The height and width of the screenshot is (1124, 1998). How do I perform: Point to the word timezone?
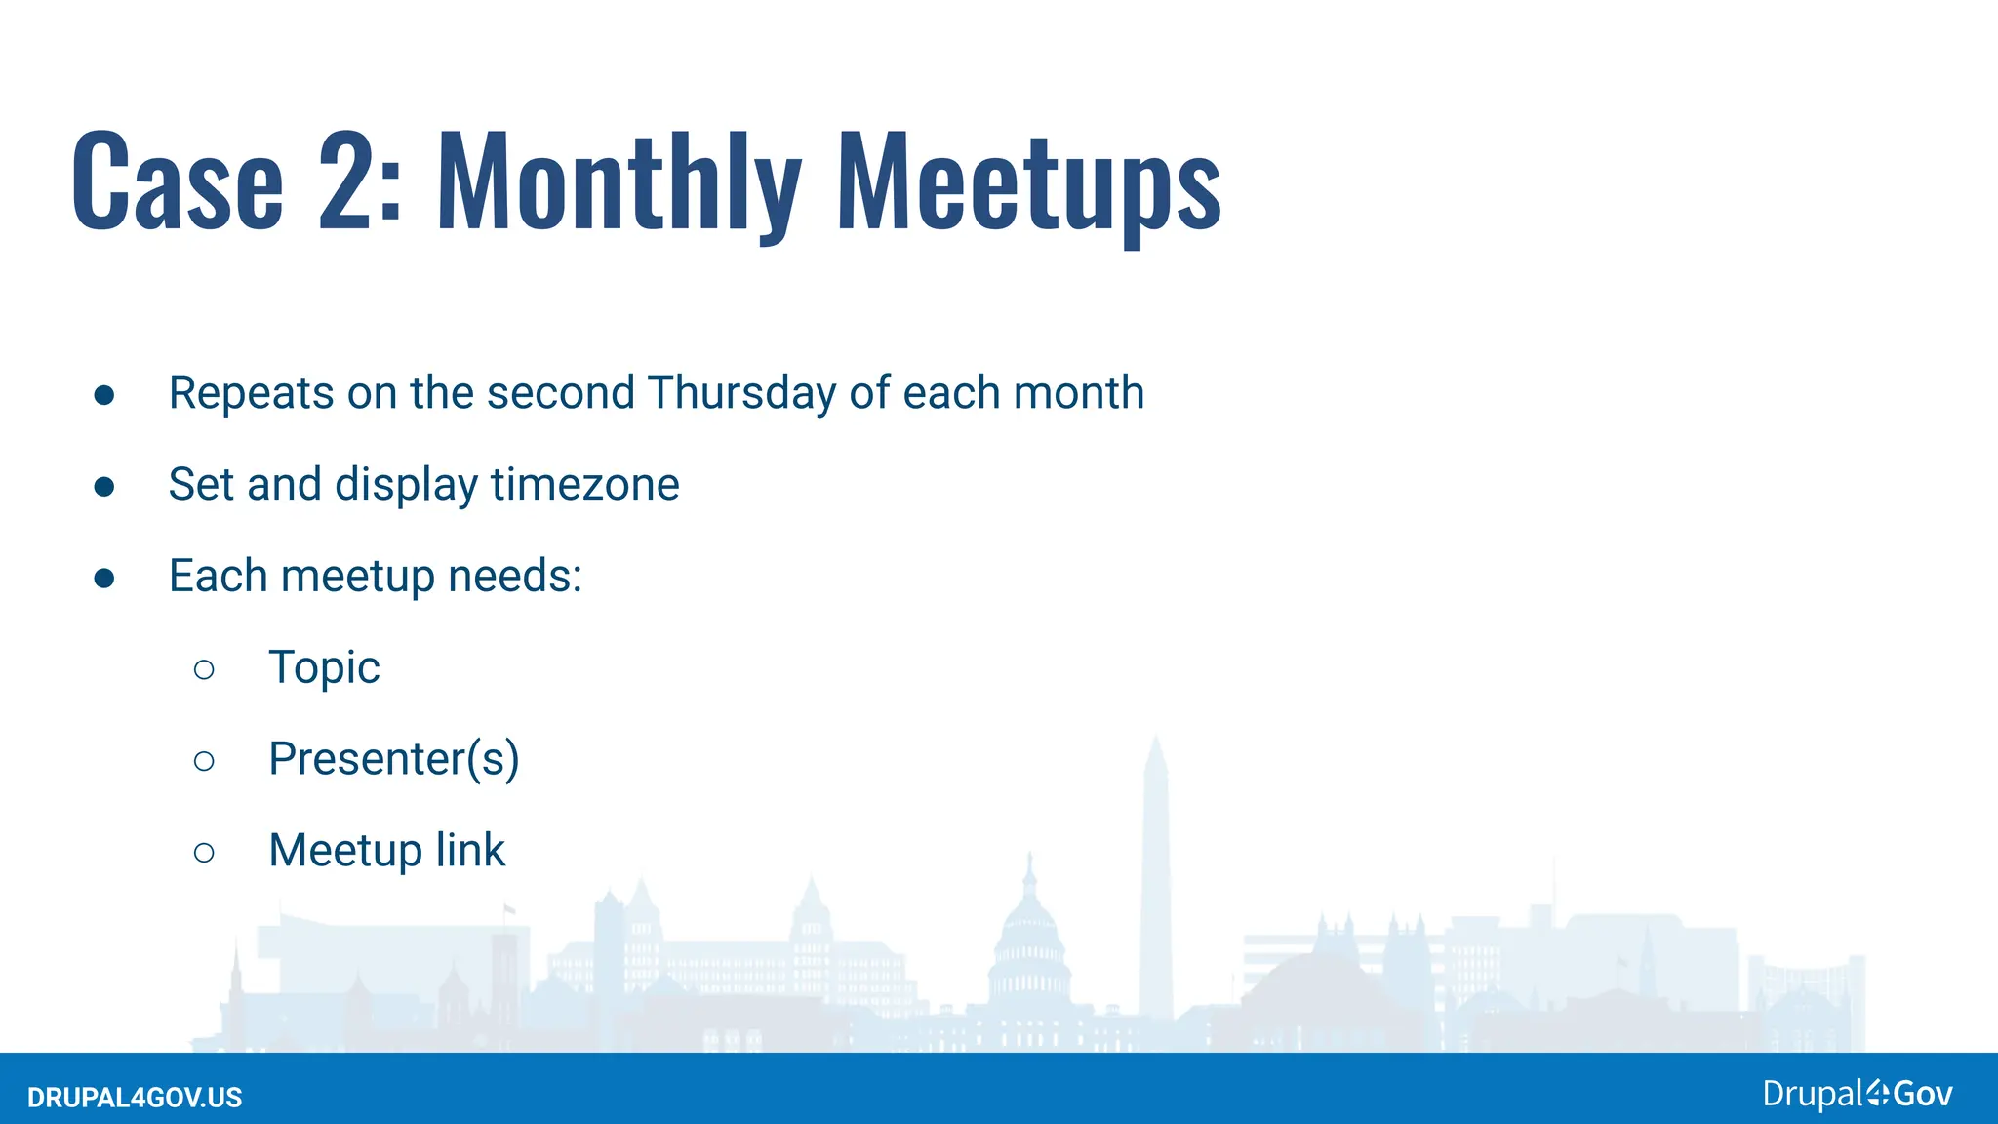point(584,485)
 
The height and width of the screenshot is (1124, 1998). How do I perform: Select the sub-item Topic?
point(324,668)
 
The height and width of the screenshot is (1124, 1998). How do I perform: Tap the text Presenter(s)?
point(393,759)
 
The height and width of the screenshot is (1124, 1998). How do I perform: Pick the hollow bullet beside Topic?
point(204,669)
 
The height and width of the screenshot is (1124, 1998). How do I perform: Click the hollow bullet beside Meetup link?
point(204,853)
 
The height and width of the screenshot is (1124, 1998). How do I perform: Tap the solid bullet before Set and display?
point(104,487)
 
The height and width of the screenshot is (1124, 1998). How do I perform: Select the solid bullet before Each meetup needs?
point(104,579)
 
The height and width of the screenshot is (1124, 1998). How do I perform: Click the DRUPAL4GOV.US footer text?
point(135,1098)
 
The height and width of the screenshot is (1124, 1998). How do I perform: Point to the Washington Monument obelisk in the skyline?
point(1156,878)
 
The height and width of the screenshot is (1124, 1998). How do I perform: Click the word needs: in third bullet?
point(515,577)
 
